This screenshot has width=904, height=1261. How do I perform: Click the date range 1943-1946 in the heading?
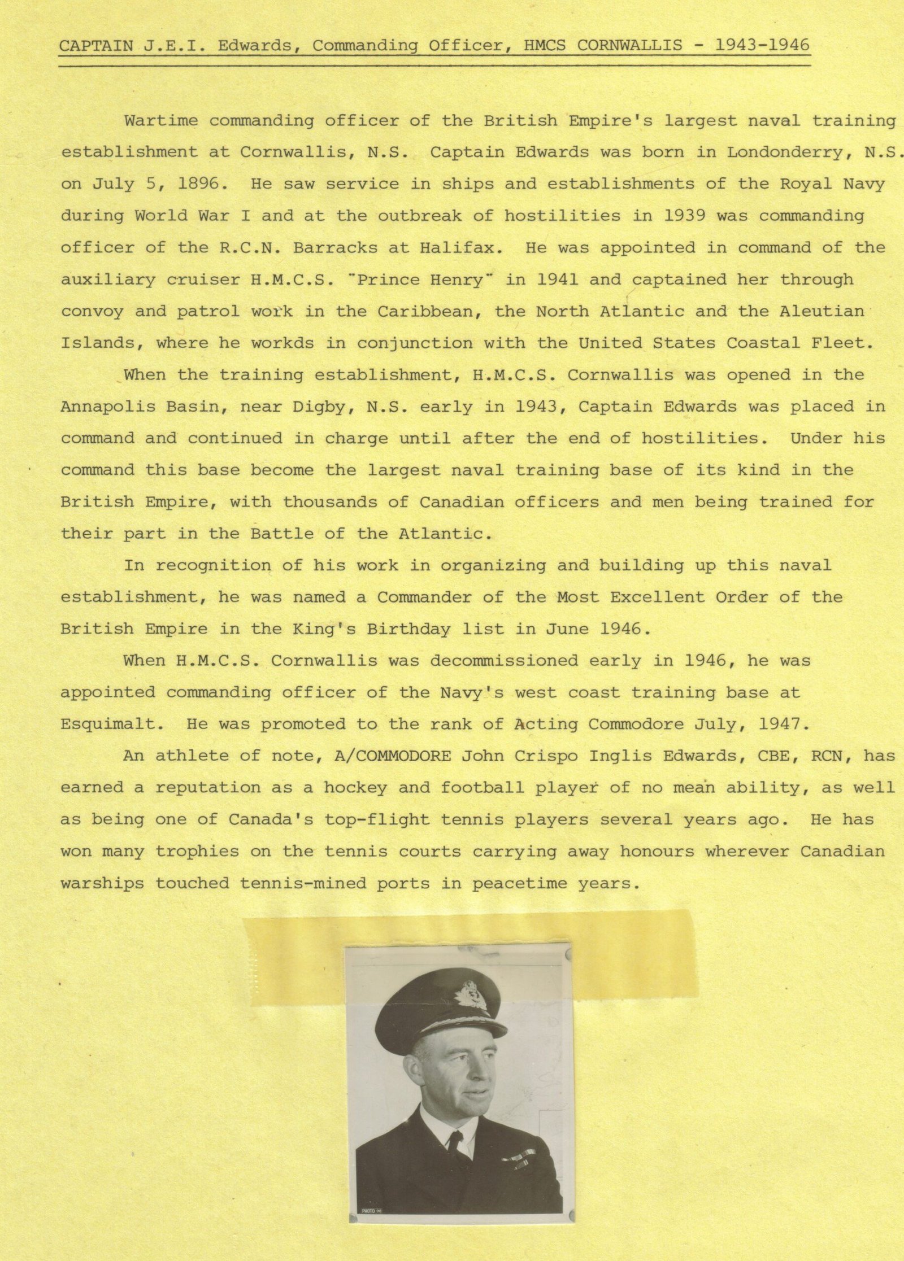pyautogui.click(x=762, y=45)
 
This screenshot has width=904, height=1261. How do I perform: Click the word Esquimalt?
pyautogui.click(x=107, y=725)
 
